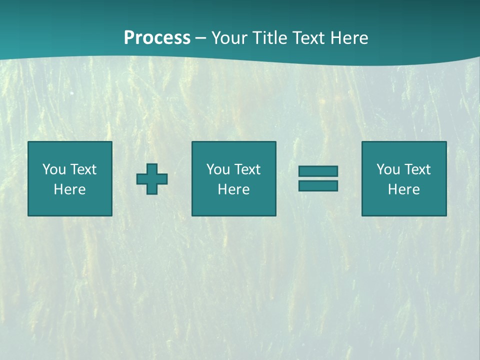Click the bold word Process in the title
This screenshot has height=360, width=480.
157,38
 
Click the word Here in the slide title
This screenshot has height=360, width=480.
350,38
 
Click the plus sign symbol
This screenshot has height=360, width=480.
152,178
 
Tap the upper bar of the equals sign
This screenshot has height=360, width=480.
318,171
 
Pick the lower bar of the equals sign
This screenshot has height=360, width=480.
318,186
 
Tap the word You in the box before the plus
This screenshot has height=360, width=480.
54,169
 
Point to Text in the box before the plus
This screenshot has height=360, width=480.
83,169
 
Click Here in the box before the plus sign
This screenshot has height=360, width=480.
70,189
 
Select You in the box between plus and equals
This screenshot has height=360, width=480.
218,169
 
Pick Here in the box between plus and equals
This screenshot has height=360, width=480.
234,189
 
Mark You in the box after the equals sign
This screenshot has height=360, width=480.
388,169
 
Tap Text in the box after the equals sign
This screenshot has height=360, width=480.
417,169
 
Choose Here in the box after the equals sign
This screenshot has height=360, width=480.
404,189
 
